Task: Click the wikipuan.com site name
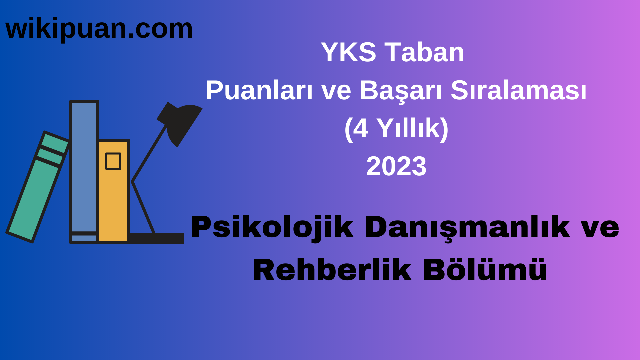(99, 29)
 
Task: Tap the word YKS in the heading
(348, 52)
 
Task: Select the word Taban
(424, 52)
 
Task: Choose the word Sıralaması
(518, 90)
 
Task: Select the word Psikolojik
(272, 227)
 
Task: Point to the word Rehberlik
(332, 270)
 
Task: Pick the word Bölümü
(485, 270)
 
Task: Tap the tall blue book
(84, 167)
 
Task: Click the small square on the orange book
(113, 161)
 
